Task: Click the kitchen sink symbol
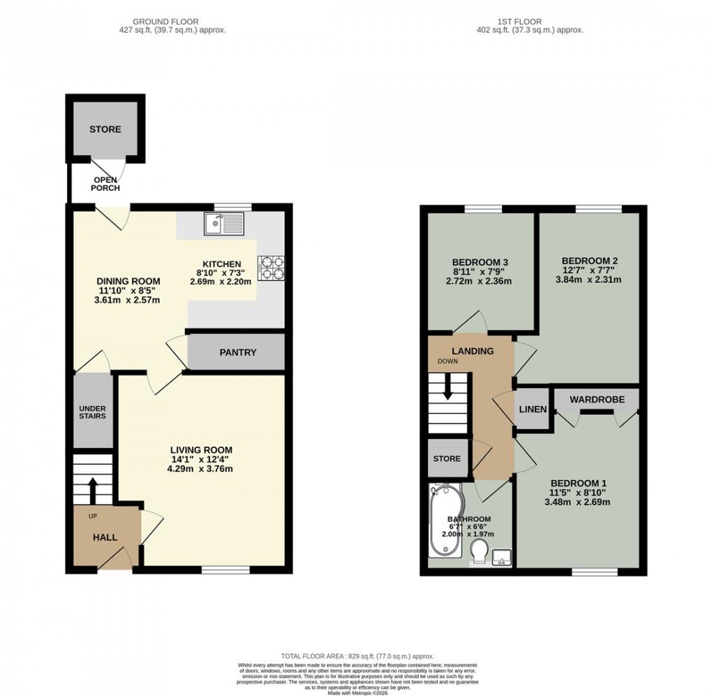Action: pos(223,224)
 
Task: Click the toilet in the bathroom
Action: pos(479,554)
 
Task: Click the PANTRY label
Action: pos(238,353)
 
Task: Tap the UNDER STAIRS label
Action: pos(92,412)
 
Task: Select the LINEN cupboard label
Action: pos(533,408)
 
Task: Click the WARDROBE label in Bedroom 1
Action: pos(595,400)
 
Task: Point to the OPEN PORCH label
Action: pos(107,184)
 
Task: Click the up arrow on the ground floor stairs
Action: pos(91,490)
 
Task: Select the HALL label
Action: pos(105,537)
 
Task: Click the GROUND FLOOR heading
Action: pos(172,21)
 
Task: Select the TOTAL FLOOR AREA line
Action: pos(357,657)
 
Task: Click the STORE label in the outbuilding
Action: pos(105,129)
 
